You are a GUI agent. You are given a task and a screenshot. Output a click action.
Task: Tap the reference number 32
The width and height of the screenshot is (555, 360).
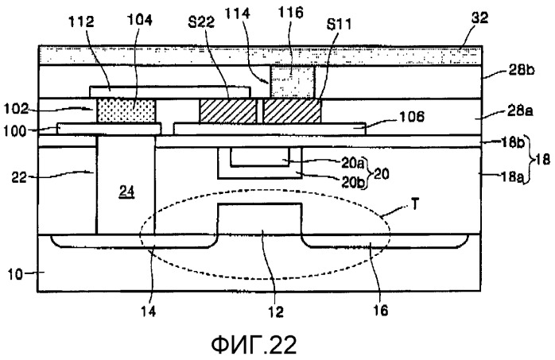click(479, 17)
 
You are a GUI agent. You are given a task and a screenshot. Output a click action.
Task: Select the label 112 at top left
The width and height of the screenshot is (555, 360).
click(81, 22)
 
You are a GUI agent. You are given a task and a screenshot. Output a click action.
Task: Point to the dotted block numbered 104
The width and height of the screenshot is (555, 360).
click(126, 111)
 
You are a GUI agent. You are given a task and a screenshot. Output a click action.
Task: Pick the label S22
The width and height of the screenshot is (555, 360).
click(201, 22)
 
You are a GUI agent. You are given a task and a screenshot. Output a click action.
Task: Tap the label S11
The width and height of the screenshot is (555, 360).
click(339, 25)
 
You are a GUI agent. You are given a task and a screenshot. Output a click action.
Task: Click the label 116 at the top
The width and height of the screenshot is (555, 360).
click(290, 13)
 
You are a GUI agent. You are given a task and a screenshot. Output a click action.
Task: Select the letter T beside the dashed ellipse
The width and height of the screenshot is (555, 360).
click(415, 205)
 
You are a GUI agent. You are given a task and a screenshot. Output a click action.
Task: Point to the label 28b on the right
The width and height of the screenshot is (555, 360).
click(522, 71)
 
